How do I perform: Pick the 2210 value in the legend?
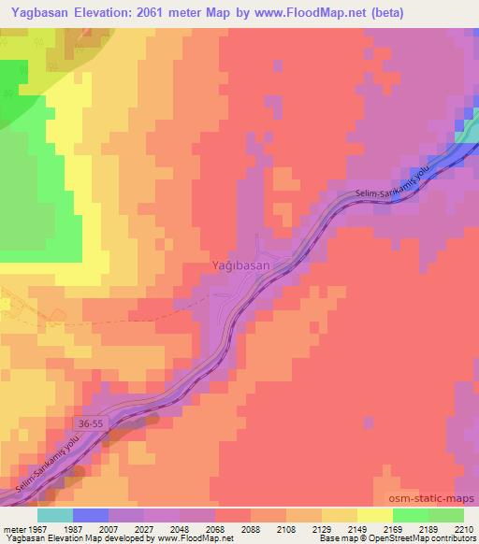click(463, 528)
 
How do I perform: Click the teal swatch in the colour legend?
click(55, 515)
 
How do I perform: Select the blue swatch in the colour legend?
click(91, 515)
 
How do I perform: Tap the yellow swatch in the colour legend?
click(375, 515)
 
